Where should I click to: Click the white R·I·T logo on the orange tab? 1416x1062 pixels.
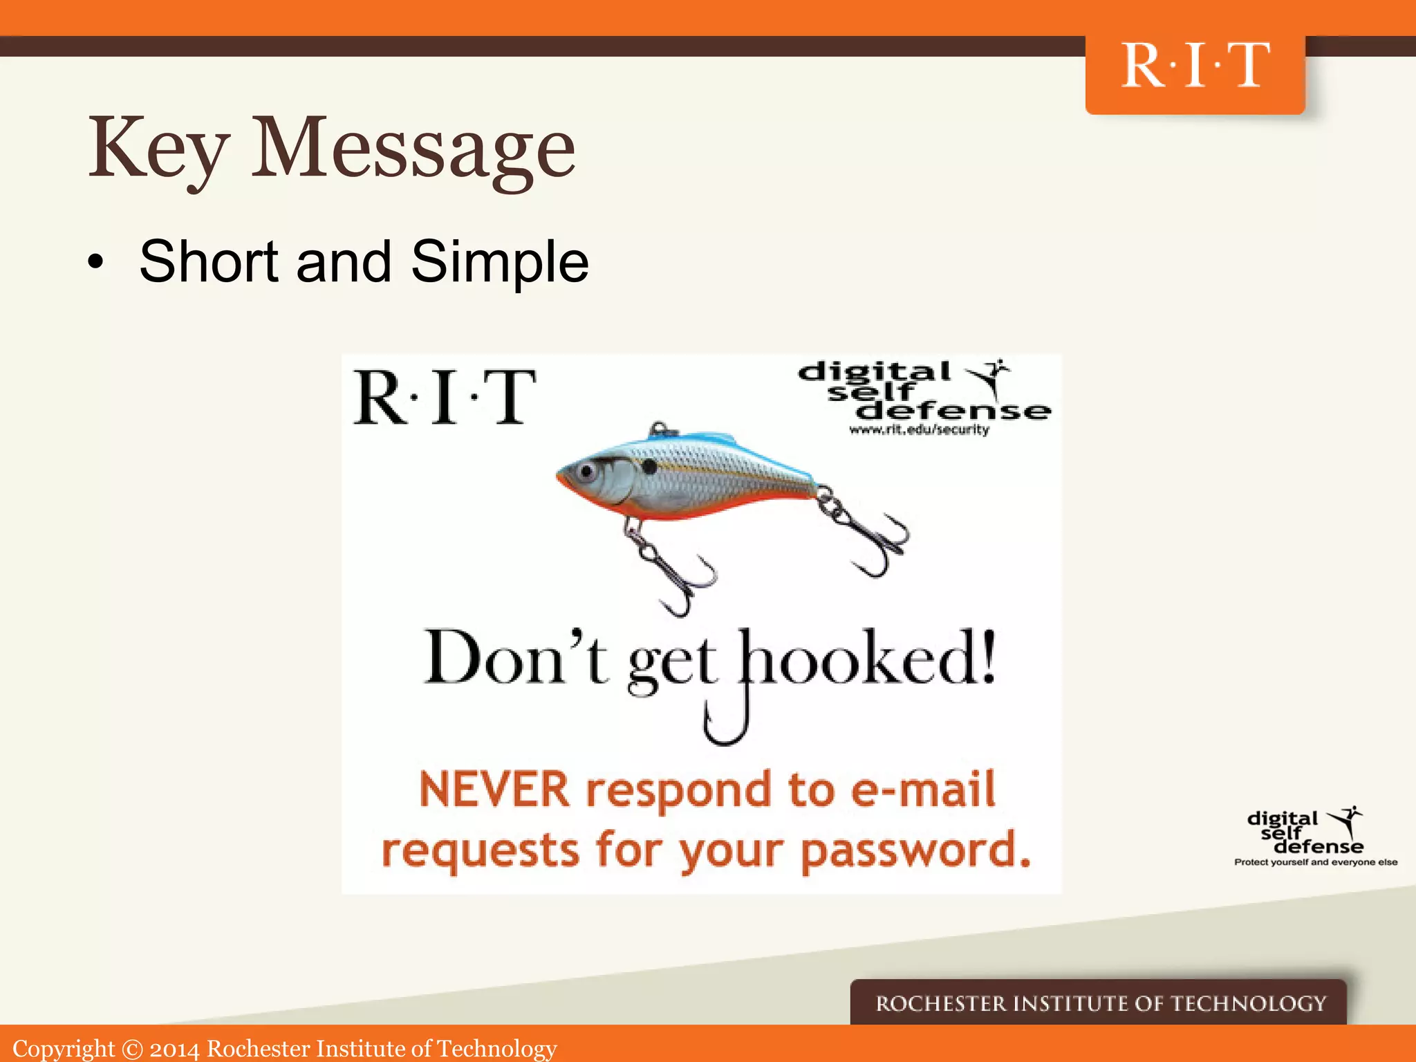[x=1195, y=66]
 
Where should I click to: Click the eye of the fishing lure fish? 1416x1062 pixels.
[x=588, y=472]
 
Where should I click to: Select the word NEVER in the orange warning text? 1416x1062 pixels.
[x=494, y=790]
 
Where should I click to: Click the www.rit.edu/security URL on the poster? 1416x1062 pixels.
[x=919, y=430]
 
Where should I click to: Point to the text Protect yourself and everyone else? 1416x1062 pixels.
[x=1315, y=862]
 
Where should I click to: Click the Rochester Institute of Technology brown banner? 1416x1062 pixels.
[x=1099, y=1003]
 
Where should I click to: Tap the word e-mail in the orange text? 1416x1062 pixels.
[x=923, y=790]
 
